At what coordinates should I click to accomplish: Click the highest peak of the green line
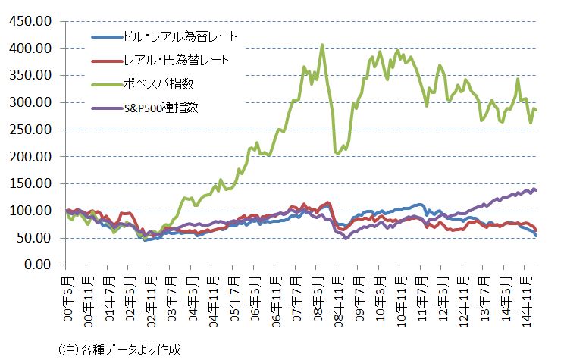pos(322,45)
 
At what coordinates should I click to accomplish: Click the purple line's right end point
pos(537,190)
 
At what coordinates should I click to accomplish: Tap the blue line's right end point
pos(537,236)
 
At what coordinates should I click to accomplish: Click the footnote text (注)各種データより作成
pos(119,349)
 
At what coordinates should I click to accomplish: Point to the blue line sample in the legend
pos(104,36)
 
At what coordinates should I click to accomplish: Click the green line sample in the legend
pos(104,83)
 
